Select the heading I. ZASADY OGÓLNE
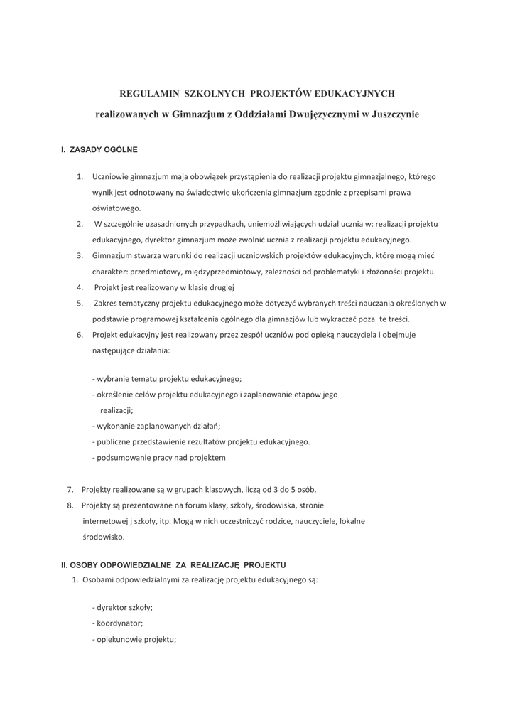point(99,150)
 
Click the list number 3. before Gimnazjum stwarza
point(80,255)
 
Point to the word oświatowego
point(116,208)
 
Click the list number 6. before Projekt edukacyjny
point(80,334)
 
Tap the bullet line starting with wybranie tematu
point(167,379)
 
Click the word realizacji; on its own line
point(116,410)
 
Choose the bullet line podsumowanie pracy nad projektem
point(159,457)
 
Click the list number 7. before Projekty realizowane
point(70,489)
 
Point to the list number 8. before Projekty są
point(70,505)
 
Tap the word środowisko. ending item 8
point(104,537)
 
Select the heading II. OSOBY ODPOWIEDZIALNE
point(173,564)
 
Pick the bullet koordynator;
point(118,623)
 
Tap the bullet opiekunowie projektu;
point(134,639)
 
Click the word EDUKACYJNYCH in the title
point(354,93)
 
